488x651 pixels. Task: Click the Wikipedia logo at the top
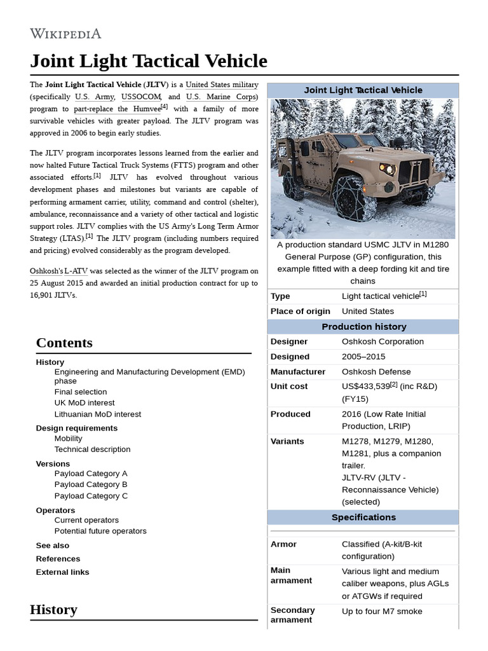pyautogui.click(x=65, y=34)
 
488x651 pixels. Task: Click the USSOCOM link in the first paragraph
pyautogui.click(x=142, y=97)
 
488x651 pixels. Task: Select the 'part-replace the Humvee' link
pyautogui.click(x=117, y=109)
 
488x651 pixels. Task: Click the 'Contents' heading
pyautogui.click(x=64, y=343)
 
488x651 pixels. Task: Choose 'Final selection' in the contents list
pyautogui.click(x=81, y=392)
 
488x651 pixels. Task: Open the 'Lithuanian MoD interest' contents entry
pyautogui.click(x=98, y=414)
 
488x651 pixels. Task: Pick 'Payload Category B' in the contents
pyautogui.click(x=91, y=484)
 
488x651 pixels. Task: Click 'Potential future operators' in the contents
pyautogui.click(x=100, y=531)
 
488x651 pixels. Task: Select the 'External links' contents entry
pyautogui.click(x=63, y=572)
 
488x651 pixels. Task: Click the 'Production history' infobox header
pyautogui.click(x=363, y=327)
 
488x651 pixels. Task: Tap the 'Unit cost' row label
pyautogui.click(x=289, y=386)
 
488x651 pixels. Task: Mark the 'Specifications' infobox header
pyautogui.click(x=363, y=517)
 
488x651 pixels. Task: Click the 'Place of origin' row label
pyautogui.click(x=301, y=311)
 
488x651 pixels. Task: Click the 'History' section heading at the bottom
pyautogui.click(x=53, y=610)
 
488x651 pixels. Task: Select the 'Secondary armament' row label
pyautogui.click(x=293, y=615)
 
